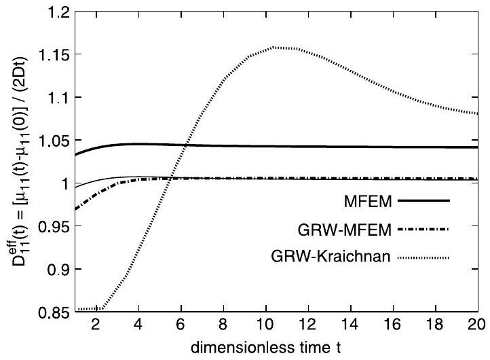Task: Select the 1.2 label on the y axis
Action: coord(57,12)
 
